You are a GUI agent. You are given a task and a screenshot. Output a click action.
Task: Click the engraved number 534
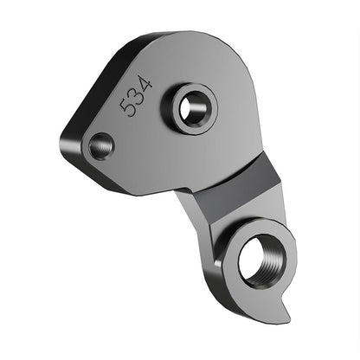click(137, 96)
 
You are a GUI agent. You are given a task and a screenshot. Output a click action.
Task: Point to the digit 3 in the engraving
click(137, 96)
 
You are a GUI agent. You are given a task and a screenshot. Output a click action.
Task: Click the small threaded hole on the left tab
click(100, 146)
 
